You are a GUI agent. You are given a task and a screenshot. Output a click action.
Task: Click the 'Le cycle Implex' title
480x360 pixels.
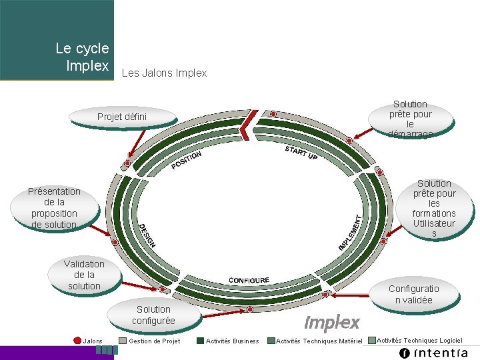[x=82, y=57]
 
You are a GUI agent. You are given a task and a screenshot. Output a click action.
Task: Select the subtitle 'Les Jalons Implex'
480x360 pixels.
[x=164, y=73]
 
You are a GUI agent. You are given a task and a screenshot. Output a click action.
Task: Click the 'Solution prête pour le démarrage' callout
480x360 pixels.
[x=410, y=119]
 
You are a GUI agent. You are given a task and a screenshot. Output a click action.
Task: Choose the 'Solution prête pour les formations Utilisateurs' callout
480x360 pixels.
[x=434, y=208]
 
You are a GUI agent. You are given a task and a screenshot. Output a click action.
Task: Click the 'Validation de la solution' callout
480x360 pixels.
[x=84, y=275]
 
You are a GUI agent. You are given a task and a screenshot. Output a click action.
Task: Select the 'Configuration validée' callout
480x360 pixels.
[x=413, y=294]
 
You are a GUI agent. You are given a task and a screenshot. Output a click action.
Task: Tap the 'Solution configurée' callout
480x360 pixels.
[x=153, y=315]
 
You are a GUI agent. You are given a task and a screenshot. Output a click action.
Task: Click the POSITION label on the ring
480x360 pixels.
[x=186, y=160]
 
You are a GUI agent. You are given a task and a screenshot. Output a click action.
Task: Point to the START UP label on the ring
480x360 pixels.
[x=301, y=153]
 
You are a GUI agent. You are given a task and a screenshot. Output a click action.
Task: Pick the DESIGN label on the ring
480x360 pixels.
[x=147, y=236]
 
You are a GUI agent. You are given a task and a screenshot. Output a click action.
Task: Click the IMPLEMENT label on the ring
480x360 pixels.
[x=351, y=232]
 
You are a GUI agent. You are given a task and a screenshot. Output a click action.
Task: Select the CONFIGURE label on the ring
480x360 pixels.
[x=249, y=280]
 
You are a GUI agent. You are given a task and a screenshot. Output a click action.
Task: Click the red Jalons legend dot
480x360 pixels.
[x=77, y=341]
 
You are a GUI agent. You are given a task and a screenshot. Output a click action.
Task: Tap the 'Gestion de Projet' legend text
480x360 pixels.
[x=154, y=341]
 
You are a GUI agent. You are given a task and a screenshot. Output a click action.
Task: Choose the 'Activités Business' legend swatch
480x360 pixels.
[x=201, y=341]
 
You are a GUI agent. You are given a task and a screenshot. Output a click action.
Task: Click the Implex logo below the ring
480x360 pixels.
[x=331, y=323]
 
